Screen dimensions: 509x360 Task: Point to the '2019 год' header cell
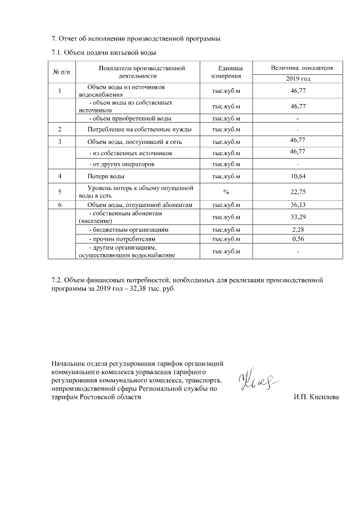(298, 79)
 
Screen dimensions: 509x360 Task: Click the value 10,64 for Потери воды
(298, 177)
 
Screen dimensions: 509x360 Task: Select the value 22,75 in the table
(298, 191)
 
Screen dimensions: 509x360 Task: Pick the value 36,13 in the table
(298, 205)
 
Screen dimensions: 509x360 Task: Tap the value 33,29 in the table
(298, 217)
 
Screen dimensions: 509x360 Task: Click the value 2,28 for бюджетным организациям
(298, 229)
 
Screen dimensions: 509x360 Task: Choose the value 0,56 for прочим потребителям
(298, 239)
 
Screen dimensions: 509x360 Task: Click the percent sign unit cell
(226, 191)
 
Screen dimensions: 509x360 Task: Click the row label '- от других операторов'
(122, 164)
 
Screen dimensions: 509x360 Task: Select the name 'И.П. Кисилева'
(316, 397)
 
